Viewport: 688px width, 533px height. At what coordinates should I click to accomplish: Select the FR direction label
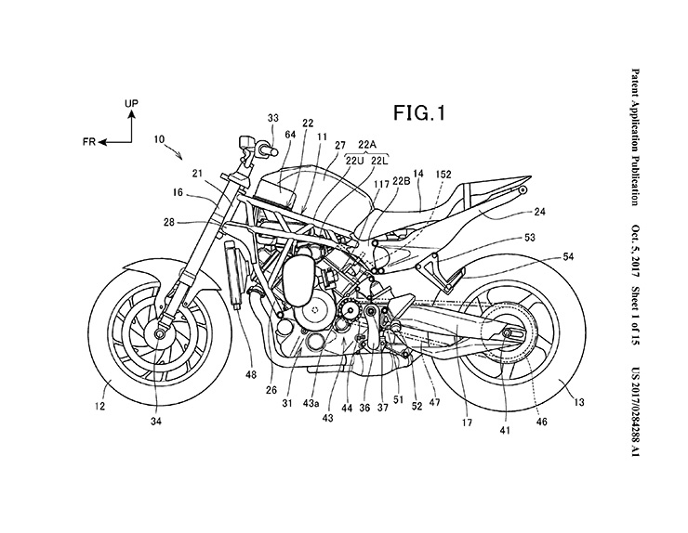coord(86,143)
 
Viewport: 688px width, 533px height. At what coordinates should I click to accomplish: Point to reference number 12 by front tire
coord(99,406)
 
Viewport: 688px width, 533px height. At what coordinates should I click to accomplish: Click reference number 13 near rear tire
coord(579,405)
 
